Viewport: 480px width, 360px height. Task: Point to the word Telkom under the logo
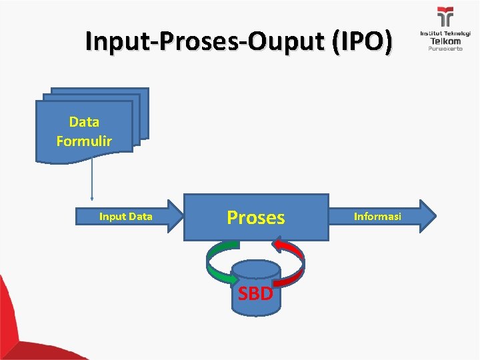[x=445, y=41]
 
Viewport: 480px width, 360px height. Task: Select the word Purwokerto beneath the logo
[x=445, y=49]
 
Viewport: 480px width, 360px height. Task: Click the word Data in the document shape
[x=84, y=122]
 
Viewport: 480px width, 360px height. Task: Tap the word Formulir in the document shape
[x=84, y=141]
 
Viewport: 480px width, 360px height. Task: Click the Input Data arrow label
[x=125, y=216]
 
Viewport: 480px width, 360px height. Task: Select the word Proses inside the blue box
[x=256, y=217]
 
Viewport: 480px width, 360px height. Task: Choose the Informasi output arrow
[x=377, y=217]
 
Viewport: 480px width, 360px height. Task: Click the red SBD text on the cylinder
[x=255, y=293]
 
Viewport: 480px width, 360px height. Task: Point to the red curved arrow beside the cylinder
[x=293, y=260]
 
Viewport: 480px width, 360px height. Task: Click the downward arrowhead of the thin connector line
[x=92, y=198]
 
